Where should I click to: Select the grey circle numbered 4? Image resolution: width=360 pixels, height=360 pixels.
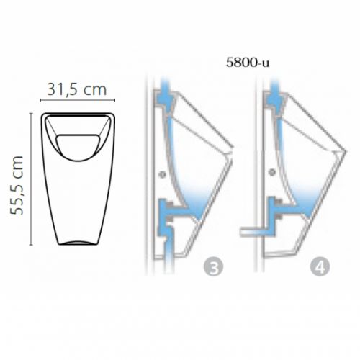[x=320, y=267]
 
